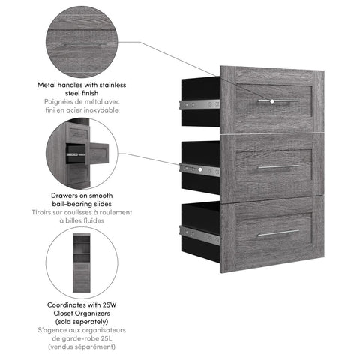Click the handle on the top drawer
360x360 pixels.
click(279, 99)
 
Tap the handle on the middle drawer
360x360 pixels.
click(279, 166)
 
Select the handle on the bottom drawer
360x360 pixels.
click(279, 233)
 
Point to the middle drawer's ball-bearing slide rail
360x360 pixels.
click(199, 170)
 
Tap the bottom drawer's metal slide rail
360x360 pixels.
click(199, 235)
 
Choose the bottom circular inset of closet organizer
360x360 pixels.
click(82, 263)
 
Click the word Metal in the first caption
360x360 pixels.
click(49, 85)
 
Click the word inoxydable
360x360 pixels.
click(98, 110)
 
